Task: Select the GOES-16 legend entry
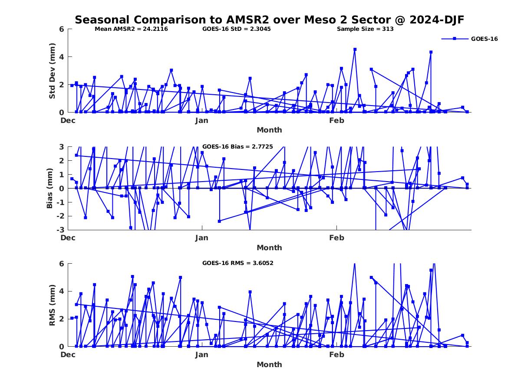pos(484,39)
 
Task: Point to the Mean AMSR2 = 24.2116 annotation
pos(131,29)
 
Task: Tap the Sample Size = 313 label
pos(365,29)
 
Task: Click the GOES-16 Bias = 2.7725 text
pos(237,147)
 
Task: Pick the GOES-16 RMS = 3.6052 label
pos(237,263)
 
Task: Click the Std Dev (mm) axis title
pos(52,71)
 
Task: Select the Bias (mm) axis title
pos(50,188)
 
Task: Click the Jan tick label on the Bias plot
pos(202,238)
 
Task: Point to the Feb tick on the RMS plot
pos(336,355)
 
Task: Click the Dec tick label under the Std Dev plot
pos(68,120)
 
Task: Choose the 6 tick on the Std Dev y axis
pos(62,29)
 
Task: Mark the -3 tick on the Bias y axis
pos(61,230)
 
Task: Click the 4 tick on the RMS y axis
pos(62,291)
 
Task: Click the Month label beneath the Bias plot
pos(269,248)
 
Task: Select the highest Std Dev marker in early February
pos(355,50)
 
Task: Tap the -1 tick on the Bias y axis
pos(61,202)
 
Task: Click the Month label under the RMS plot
pos(269,364)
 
